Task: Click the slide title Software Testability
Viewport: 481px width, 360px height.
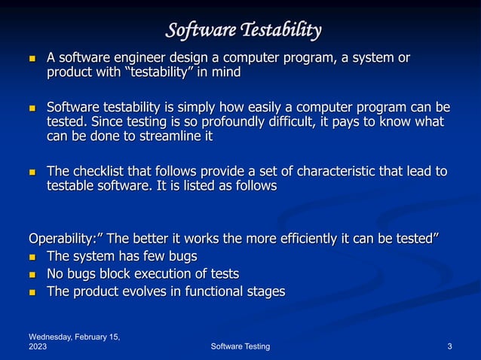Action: [x=244, y=30]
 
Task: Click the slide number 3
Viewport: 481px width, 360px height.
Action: [x=449, y=346]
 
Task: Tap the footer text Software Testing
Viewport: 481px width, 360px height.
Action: [x=240, y=346]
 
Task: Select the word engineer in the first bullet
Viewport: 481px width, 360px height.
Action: [x=158, y=57]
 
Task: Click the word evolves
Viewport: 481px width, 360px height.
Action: [x=148, y=291]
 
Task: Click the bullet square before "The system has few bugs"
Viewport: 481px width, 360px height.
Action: [x=32, y=257]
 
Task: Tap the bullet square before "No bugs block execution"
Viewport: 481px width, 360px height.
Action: [x=32, y=274]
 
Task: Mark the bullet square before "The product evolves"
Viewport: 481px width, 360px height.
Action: [x=32, y=291]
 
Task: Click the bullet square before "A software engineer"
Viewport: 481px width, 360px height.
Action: [x=32, y=58]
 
